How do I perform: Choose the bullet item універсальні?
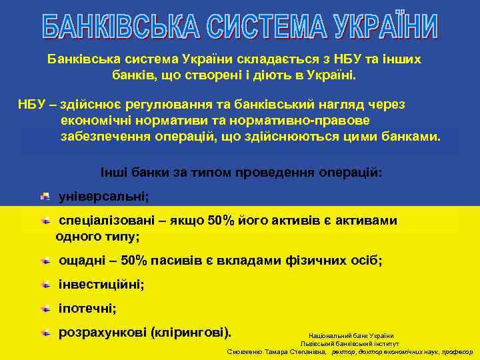point(104,197)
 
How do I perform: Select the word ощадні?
point(81,260)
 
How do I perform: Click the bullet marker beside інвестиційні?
point(45,284)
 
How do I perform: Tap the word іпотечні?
point(88,308)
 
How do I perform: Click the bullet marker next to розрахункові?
point(45,331)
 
